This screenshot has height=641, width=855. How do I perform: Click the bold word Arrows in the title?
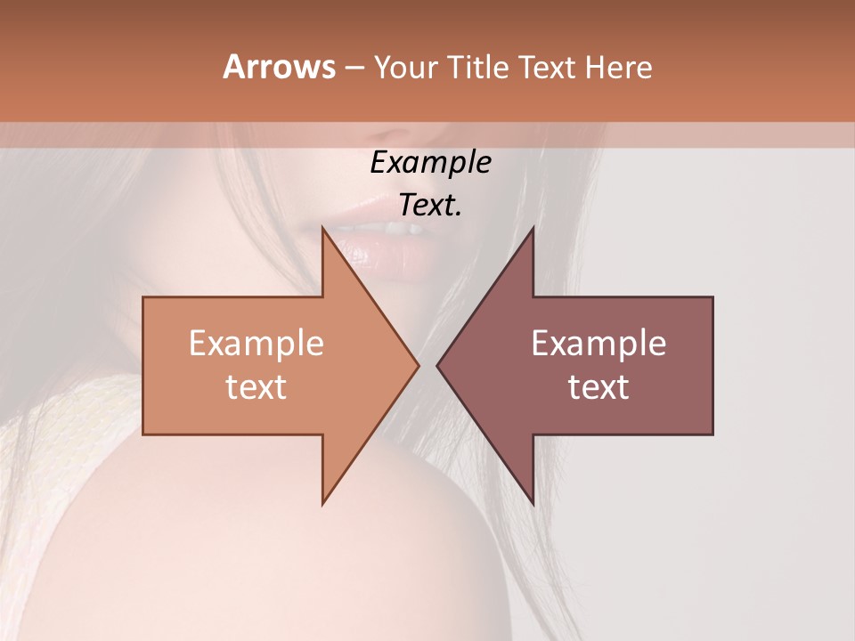[x=279, y=67]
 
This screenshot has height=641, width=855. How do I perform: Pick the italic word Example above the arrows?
[x=430, y=163]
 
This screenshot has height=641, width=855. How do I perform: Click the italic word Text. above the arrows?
[x=430, y=206]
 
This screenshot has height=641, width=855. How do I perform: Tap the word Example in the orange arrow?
[x=256, y=344]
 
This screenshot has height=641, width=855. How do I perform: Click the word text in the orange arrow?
[x=256, y=387]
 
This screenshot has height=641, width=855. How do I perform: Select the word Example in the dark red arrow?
[x=598, y=344]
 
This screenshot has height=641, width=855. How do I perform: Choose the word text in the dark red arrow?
[x=598, y=387]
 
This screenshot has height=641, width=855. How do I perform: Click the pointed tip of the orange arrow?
[x=418, y=365]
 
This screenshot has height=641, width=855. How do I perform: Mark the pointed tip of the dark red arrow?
[x=437, y=365]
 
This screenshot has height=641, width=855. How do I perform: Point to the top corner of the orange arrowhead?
[x=323, y=228]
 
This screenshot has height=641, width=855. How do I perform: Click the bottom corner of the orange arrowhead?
[x=323, y=504]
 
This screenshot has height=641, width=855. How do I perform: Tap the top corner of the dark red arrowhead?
[x=533, y=228]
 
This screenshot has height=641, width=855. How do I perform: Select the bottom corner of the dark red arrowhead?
[x=533, y=504]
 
